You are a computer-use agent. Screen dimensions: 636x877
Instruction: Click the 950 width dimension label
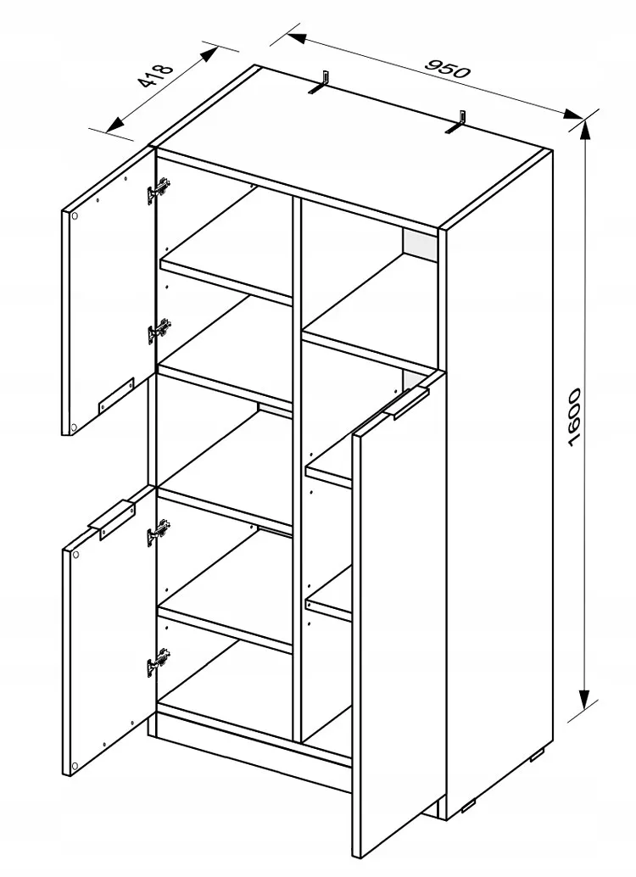(448, 68)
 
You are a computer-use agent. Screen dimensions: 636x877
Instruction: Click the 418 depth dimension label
(156, 75)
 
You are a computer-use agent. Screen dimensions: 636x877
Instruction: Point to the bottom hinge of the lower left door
(159, 662)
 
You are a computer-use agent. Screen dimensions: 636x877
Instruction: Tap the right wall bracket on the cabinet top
(458, 122)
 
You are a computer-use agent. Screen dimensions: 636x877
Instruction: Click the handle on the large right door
(407, 402)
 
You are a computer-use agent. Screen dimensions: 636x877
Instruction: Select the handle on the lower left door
(113, 521)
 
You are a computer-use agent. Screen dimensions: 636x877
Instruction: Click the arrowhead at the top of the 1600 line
(585, 130)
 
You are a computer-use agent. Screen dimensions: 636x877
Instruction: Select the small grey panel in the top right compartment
(421, 244)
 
